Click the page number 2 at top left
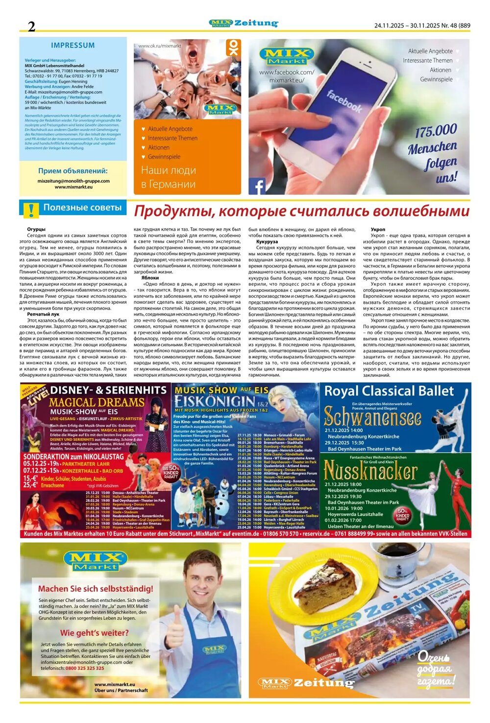pos(31,26)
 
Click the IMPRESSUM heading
pos(73,45)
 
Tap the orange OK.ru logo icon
pos(233,48)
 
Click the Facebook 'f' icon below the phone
pos(257,187)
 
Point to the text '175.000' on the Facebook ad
pos(436,131)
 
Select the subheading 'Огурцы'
pos(36,229)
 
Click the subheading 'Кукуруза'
pos(267,241)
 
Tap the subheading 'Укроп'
pos(378,229)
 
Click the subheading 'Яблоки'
pos(150,278)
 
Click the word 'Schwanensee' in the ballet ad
pos(372,417)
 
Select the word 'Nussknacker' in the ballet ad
pos(370,471)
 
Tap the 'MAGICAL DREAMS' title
pos(97,402)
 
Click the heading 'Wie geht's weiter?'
pos(95,632)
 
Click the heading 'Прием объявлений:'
pos(73,171)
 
